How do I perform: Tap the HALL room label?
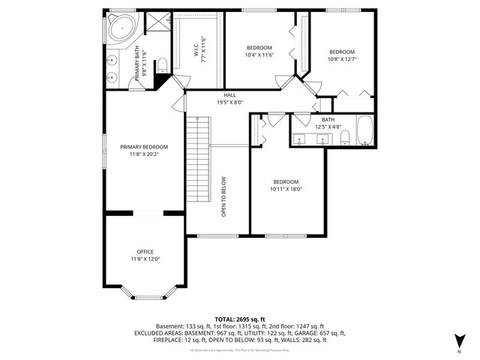click(x=230, y=95)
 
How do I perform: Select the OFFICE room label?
click(x=145, y=251)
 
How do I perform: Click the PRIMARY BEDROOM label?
click(x=144, y=147)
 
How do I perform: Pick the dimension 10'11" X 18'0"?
click(x=286, y=189)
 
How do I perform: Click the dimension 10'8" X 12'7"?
click(x=342, y=59)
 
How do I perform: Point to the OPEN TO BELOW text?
click(x=223, y=196)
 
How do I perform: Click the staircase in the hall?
click(x=197, y=157)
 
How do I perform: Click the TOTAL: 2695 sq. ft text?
click(x=240, y=319)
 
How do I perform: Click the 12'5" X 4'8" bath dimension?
click(x=328, y=127)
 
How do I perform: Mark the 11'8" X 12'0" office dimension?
click(x=145, y=259)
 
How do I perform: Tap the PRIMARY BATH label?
click(x=137, y=64)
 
